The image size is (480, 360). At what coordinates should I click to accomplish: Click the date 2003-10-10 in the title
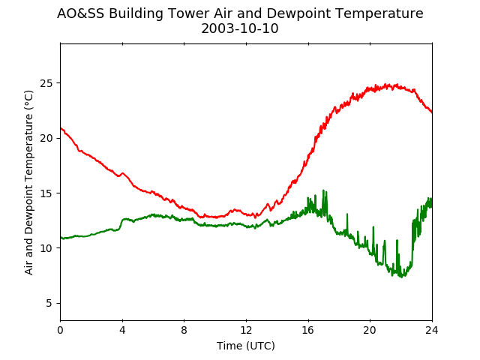[240, 28]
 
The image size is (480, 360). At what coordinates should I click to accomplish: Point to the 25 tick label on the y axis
[46, 83]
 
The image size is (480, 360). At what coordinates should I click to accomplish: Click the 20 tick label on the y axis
[46, 138]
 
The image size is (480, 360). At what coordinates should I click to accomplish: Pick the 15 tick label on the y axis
[46, 193]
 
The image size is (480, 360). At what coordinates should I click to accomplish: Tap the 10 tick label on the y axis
[46, 248]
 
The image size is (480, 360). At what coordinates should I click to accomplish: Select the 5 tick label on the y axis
[49, 303]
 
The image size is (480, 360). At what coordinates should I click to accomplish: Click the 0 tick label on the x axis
[60, 330]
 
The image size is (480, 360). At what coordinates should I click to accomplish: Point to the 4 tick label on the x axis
[122, 330]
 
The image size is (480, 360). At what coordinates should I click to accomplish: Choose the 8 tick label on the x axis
[184, 330]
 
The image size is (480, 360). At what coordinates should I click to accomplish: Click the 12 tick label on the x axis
[246, 330]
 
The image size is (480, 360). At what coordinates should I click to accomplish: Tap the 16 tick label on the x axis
[308, 330]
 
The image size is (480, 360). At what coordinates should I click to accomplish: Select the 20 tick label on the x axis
[370, 330]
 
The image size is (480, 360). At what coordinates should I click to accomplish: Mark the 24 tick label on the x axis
[432, 330]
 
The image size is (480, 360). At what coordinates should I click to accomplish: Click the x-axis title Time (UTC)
[246, 346]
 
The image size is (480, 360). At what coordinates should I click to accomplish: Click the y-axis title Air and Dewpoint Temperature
[28, 182]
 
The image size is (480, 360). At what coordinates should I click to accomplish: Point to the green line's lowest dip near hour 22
[402, 277]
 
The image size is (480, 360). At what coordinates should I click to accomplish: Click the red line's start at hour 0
[61, 128]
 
